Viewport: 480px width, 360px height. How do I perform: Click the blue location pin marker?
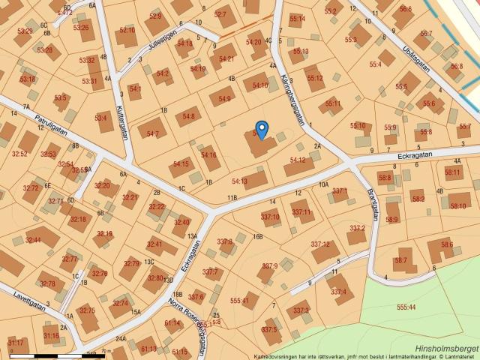point(262,129)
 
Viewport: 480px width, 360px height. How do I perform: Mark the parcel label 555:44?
point(406,307)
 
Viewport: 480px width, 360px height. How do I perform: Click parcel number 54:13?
point(239,181)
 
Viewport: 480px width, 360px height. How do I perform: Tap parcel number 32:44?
point(33,240)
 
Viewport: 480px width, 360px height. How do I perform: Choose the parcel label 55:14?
point(297,18)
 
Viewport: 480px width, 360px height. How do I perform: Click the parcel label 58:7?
point(400,260)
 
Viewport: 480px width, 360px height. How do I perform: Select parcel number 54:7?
point(152,133)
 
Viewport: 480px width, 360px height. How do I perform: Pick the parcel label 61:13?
point(148,349)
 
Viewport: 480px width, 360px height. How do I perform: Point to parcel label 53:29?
point(25,31)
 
